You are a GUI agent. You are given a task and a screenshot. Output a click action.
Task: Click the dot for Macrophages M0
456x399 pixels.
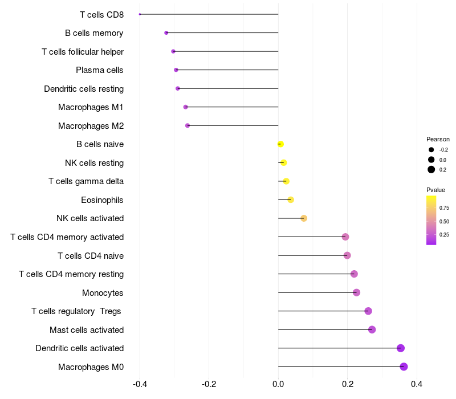(x=404, y=367)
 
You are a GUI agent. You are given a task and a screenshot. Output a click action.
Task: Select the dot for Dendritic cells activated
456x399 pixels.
(x=400, y=348)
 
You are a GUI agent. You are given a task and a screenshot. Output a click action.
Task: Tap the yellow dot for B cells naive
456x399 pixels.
(x=280, y=144)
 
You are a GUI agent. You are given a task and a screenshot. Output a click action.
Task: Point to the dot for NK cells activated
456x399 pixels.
(x=304, y=218)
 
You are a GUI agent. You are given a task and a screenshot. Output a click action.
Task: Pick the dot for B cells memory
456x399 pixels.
(x=166, y=33)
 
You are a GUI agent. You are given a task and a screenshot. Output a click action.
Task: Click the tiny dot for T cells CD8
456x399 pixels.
(x=140, y=14)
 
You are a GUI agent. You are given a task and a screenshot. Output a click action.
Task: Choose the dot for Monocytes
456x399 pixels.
(x=356, y=292)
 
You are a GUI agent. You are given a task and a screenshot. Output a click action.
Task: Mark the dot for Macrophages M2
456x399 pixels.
(x=188, y=125)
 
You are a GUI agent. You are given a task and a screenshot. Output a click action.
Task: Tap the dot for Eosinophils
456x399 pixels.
(x=291, y=200)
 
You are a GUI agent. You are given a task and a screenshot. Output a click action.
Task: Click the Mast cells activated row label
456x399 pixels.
(x=87, y=330)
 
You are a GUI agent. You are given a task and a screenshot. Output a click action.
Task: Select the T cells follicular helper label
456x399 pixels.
(x=83, y=52)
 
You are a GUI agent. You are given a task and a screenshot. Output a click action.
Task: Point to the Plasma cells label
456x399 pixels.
(x=100, y=70)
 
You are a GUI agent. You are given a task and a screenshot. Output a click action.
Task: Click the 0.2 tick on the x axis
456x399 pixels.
(x=347, y=384)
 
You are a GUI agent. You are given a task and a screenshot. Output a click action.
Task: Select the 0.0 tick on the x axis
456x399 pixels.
(x=278, y=384)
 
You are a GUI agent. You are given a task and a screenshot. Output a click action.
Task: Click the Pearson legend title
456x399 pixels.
(x=438, y=139)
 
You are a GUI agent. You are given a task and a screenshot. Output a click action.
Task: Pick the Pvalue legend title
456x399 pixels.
(x=435, y=190)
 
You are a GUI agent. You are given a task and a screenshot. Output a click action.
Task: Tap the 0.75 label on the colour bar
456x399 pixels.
(x=444, y=208)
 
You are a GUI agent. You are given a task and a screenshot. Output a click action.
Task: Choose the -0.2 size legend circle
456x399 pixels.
(x=431, y=149)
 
